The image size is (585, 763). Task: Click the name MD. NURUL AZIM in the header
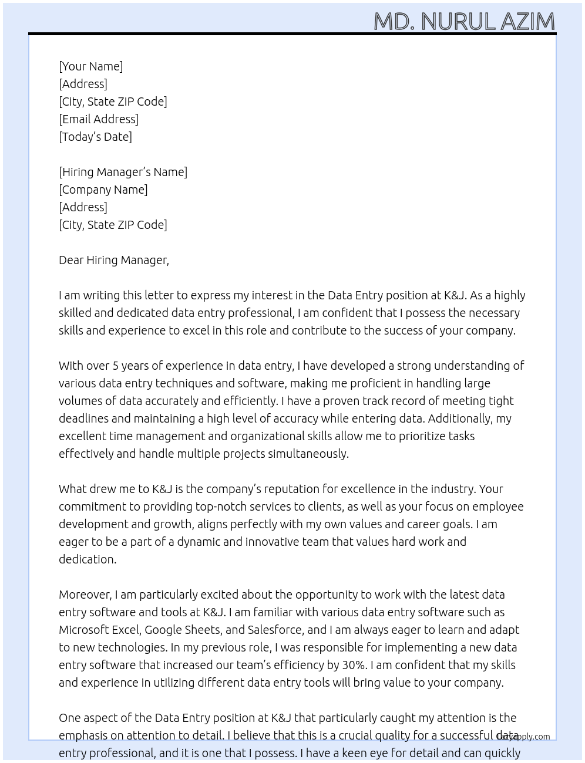464,22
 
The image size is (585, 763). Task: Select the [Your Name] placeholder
90,66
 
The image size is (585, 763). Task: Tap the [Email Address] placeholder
99,119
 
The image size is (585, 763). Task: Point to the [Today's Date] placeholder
95,137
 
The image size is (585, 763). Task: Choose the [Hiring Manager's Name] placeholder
123,172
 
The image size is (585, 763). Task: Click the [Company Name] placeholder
103,190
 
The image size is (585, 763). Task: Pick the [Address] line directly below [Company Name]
83,207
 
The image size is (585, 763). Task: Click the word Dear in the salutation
71,260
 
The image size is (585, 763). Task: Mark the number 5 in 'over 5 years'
116,366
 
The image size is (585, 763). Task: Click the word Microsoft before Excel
83,630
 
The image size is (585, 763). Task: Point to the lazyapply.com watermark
523,737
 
